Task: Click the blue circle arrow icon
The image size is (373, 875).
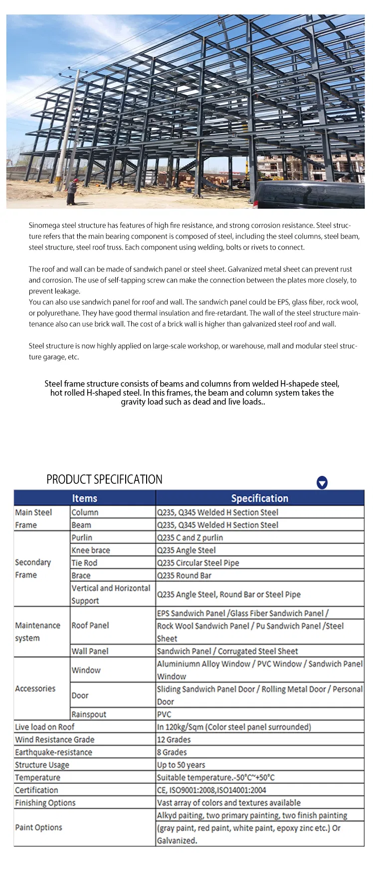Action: [322, 482]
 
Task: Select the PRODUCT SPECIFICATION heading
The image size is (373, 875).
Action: [104, 479]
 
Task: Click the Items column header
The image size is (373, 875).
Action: [84, 498]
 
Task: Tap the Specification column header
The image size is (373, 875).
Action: [259, 498]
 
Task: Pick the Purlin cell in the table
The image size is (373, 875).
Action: [82, 538]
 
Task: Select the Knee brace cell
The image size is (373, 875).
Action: [91, 550]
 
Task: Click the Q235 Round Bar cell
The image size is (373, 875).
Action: [184, 576]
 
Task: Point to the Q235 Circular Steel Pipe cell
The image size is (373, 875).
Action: [198, 563]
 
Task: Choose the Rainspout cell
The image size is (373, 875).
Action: [89, 714]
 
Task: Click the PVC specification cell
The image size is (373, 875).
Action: [164, 714]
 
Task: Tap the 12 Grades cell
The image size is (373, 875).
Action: [174, 739]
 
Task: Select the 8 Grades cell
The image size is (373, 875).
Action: [172, 752]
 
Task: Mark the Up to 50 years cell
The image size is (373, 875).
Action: [181, 765]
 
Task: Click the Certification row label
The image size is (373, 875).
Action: [36, 790]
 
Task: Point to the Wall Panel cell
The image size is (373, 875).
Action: [90, 651]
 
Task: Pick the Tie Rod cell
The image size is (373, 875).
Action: [84, 563]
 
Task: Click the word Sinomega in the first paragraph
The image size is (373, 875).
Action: [44, 225]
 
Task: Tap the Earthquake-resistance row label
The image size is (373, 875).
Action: [53, 752]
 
